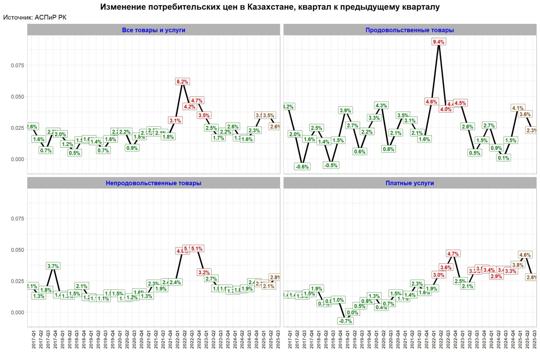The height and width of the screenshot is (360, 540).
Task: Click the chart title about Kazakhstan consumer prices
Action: point(270,7)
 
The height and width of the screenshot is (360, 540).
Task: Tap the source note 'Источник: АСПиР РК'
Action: point(35,18)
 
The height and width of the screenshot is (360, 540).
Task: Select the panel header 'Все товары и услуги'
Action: point(154,30)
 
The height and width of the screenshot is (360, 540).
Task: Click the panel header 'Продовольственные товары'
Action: point(409,30)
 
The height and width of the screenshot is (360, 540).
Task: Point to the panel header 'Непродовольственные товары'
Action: point(154,183)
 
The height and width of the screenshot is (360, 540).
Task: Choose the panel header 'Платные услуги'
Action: point(409,183)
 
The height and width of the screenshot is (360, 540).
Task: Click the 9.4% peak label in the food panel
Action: point(438,42)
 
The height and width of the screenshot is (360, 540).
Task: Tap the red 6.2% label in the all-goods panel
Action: point(182,82)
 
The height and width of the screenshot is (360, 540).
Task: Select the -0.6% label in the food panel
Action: point(302,167)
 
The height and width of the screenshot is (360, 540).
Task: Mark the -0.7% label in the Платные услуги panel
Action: point(345,321)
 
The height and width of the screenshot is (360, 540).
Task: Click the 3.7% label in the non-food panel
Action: point(53,266)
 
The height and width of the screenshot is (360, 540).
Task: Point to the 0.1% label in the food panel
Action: point(503,158)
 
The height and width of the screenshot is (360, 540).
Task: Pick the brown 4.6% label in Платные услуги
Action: point(525,255)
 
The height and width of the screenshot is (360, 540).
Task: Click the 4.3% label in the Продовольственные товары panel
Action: point(381,106)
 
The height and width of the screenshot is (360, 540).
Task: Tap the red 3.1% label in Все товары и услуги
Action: point(175,120)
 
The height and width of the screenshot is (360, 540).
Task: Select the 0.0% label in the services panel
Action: point(352,312)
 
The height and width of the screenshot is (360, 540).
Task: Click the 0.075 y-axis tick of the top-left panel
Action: point(18,65)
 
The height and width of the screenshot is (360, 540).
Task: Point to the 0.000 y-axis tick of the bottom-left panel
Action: point(18,312)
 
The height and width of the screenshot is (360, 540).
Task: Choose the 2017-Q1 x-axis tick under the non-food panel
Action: point(34,339)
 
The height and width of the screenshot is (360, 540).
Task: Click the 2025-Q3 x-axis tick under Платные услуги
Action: point(534,339)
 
